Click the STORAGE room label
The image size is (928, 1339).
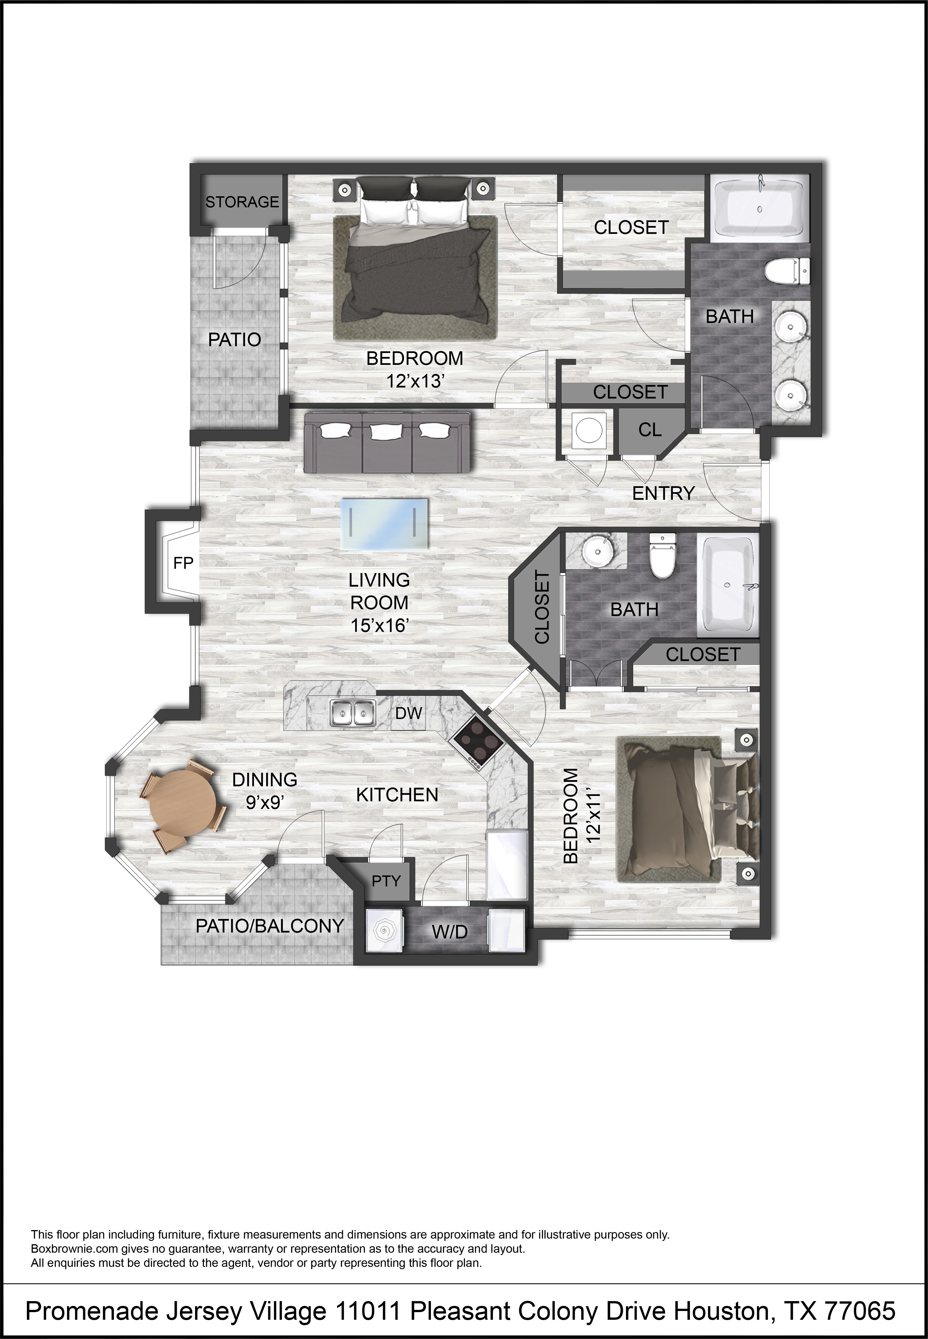[242, 202]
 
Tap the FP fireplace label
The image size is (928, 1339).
[183, 563]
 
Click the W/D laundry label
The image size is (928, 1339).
[450, 932]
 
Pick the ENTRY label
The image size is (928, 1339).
[663, 493]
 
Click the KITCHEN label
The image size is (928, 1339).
[397, 795]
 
